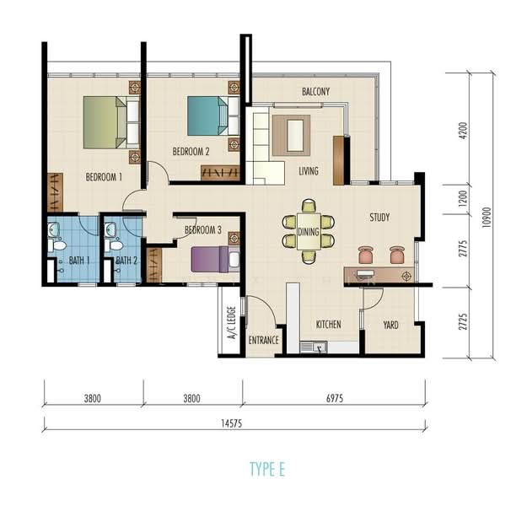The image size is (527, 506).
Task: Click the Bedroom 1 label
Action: [x=104, y=178]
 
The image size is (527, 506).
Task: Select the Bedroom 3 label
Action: [x=202, y=229]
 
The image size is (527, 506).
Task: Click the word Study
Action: [x=379, y=218]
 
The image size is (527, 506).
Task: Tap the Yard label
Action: [x=390, y=325]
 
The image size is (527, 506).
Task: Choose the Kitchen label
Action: [x=327, y=325]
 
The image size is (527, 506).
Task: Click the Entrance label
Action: [x=264, y=340]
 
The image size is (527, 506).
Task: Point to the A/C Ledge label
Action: [x=231, y=324]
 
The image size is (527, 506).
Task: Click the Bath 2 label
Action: [x=126, y=260]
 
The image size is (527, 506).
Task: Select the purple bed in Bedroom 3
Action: [x=209, y=258]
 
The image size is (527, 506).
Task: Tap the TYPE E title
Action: [x=267, y=469]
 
